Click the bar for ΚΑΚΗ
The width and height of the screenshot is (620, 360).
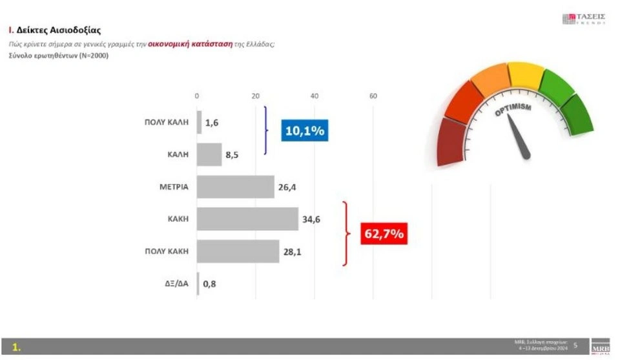[x=247, y=219]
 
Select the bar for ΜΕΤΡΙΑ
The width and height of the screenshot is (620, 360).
[x=236, y=187]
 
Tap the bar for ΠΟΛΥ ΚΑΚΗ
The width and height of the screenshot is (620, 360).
[x=238, y=251]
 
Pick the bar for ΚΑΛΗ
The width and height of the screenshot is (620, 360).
[x=209, y=154]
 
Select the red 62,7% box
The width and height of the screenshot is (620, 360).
[x=386, y=233]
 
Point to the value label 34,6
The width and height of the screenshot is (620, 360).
[x=311, y=219]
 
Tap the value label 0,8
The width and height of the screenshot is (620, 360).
[x=209, y=284]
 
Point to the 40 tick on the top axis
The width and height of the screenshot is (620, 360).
[x=315, y=96]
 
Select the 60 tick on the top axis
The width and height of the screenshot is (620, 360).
[x=373, y=96]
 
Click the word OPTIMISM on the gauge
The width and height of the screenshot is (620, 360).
[x=513, y=110]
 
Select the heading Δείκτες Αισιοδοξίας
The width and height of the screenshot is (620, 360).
[x=57, y=30]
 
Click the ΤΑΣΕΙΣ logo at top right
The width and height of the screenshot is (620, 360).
[x=583, y=18]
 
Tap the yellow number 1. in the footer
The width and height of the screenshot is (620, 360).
[x=17, y=347]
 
